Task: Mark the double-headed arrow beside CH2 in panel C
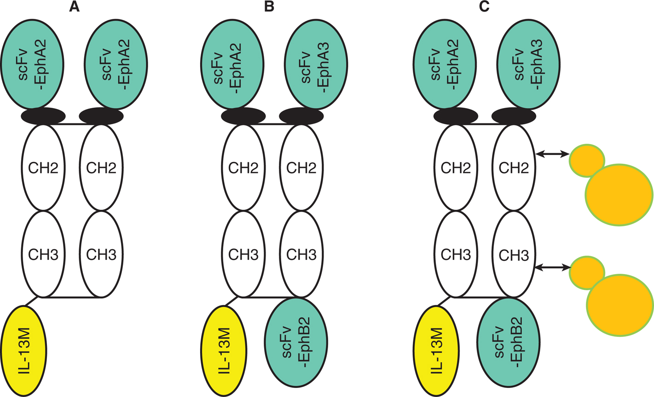(x=553, y=155)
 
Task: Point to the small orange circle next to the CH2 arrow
(x=586, y=160)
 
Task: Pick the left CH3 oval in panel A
(x=43, y=254)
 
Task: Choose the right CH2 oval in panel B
(x=301, y=168)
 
